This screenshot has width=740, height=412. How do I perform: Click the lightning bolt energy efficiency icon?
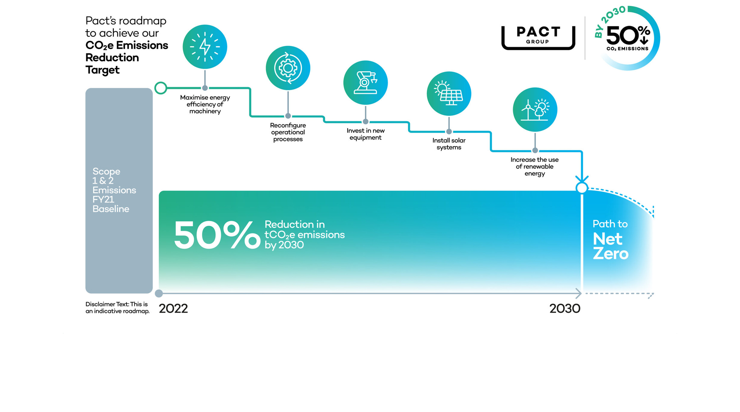[x=205, y=47]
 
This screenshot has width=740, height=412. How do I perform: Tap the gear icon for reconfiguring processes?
[x=288, y=68]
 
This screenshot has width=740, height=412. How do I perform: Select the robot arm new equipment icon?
[x=365, y=82]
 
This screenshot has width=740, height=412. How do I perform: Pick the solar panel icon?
[x=449, y=94]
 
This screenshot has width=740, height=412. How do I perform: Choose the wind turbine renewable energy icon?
[x=535, y=110]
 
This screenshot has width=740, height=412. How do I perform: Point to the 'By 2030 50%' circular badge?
[x=628, y=38]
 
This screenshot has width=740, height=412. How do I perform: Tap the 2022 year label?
[x=173, y=309]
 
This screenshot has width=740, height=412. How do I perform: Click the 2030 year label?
[x=565, y=309]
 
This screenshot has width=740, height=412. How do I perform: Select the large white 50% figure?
[x=217, y=235]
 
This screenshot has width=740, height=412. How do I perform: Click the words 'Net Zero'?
[x=611, y=246]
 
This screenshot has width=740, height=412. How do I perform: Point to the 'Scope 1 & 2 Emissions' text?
[x=114, y=181]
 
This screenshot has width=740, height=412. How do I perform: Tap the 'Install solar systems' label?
[x=449, y=144]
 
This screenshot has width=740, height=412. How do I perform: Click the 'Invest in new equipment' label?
[x=365, y=134]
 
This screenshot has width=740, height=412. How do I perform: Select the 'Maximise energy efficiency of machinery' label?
[x=205, y=104]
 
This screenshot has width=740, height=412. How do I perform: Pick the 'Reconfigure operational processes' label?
[x=288, y=132]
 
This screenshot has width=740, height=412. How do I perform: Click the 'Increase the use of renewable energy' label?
[x=534, y=167]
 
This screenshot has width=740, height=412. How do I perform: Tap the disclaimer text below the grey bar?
[x=117, y=308]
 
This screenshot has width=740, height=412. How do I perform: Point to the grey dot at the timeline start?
[x=159, y=293]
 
